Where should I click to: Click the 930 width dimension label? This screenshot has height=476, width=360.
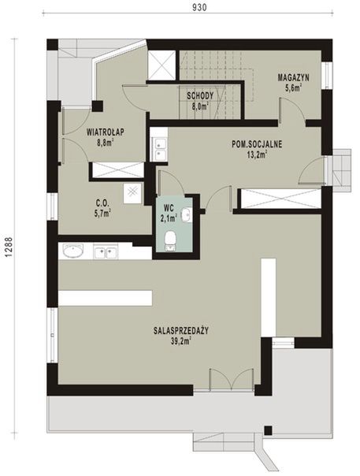[199, 7]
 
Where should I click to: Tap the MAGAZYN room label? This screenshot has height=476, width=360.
[293, 77]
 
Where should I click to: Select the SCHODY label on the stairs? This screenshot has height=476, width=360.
[200, 96]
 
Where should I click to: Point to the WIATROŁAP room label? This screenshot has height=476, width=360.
[106, 132]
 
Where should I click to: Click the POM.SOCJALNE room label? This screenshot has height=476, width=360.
[257, 143]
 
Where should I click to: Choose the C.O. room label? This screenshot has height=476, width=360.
[102, 203]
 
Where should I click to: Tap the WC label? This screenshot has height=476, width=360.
[169, 208]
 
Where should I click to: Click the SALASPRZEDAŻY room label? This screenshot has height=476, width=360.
[181, 330]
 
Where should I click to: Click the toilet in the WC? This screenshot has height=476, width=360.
[169, 242]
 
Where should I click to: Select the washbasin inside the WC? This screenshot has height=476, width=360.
[187, 215]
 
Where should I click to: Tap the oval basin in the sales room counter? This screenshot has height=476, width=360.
[72, 251]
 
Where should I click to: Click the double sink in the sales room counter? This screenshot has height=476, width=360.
[106, 251]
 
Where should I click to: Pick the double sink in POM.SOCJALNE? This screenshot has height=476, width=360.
[160, 149]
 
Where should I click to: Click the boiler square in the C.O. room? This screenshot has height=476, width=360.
[132, 192]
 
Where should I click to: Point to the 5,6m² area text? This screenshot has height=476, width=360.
[293, 88]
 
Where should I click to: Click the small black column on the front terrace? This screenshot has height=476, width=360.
[268, 430]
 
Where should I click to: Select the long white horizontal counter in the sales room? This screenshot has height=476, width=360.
[105, 298]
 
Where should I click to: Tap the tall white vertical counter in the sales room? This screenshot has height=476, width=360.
[269, 297]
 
